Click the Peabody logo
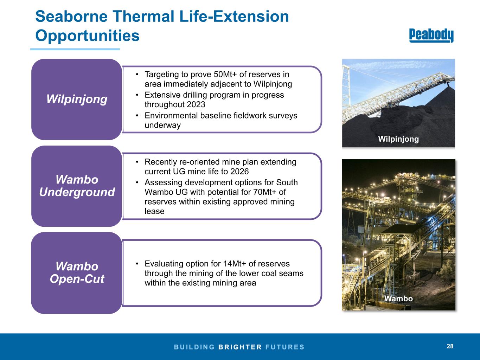[x=431, y=35]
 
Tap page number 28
[x=450, y=346]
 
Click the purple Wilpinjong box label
[x=77, y=99]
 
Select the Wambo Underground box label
[x=77, y=186]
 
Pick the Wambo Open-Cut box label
[x=77, y=272]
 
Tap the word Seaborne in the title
[x=71, y=17]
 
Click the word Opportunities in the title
[x=87, y=36]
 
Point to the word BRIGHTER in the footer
[x=240, y=347]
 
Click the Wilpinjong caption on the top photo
[x=398, y=139]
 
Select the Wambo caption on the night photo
[x=398, y=298]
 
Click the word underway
[x=163, y=125]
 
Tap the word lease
[x=154, y=211]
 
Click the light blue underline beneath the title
[x=75, y=49]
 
